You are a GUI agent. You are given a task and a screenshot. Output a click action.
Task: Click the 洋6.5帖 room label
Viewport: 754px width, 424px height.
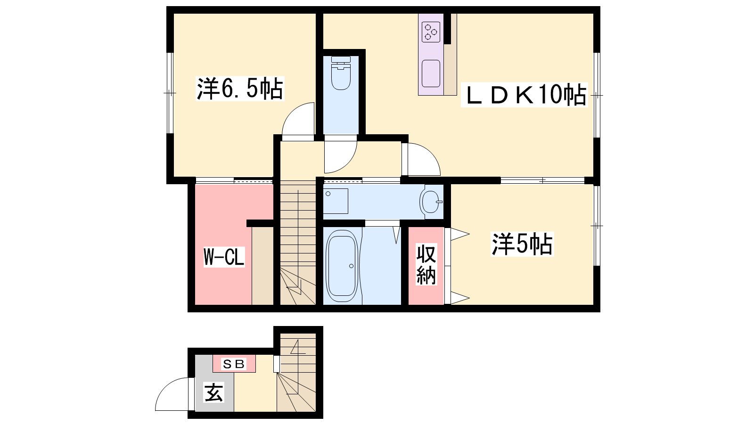coord(240,89)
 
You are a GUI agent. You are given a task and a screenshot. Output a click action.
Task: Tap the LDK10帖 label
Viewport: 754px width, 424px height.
coord(524,95)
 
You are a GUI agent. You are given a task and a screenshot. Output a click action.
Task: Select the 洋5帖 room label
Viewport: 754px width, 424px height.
coord(522,244)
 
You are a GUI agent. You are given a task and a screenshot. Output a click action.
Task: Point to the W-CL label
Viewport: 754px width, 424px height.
coord(224,257)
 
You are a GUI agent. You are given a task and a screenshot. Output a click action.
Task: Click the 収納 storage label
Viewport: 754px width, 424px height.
coord(426,264)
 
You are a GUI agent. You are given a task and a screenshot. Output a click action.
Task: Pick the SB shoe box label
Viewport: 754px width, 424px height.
coord(234,364)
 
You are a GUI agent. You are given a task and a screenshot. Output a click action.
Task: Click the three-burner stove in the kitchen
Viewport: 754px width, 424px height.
coord(431,32)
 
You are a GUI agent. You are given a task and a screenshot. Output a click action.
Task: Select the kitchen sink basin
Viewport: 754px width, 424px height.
coord(431,73)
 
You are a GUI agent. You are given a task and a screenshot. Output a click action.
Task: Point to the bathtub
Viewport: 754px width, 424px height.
coord(342,266)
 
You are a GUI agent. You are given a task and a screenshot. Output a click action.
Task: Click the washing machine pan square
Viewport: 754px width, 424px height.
coord(336,201)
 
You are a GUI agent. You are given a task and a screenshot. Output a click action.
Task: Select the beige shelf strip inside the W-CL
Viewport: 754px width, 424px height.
coord(262,266)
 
